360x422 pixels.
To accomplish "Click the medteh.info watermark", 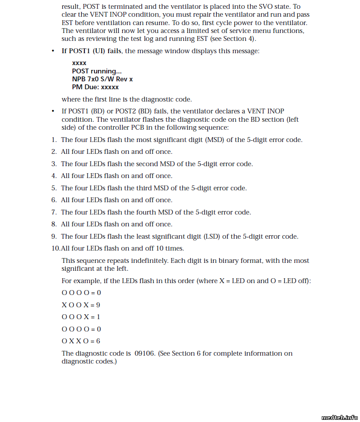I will [339, 418].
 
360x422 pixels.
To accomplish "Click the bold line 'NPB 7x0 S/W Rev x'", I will [102, 79].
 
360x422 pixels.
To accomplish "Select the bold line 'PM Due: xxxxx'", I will [95, 87].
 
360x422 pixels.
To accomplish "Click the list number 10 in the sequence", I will [55, 248].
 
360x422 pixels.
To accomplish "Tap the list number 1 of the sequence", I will [53, 140].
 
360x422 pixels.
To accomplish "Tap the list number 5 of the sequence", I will [53, 188].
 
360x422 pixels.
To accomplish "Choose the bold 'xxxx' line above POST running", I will [79, 63].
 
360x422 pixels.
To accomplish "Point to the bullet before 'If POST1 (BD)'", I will [53, 112].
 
